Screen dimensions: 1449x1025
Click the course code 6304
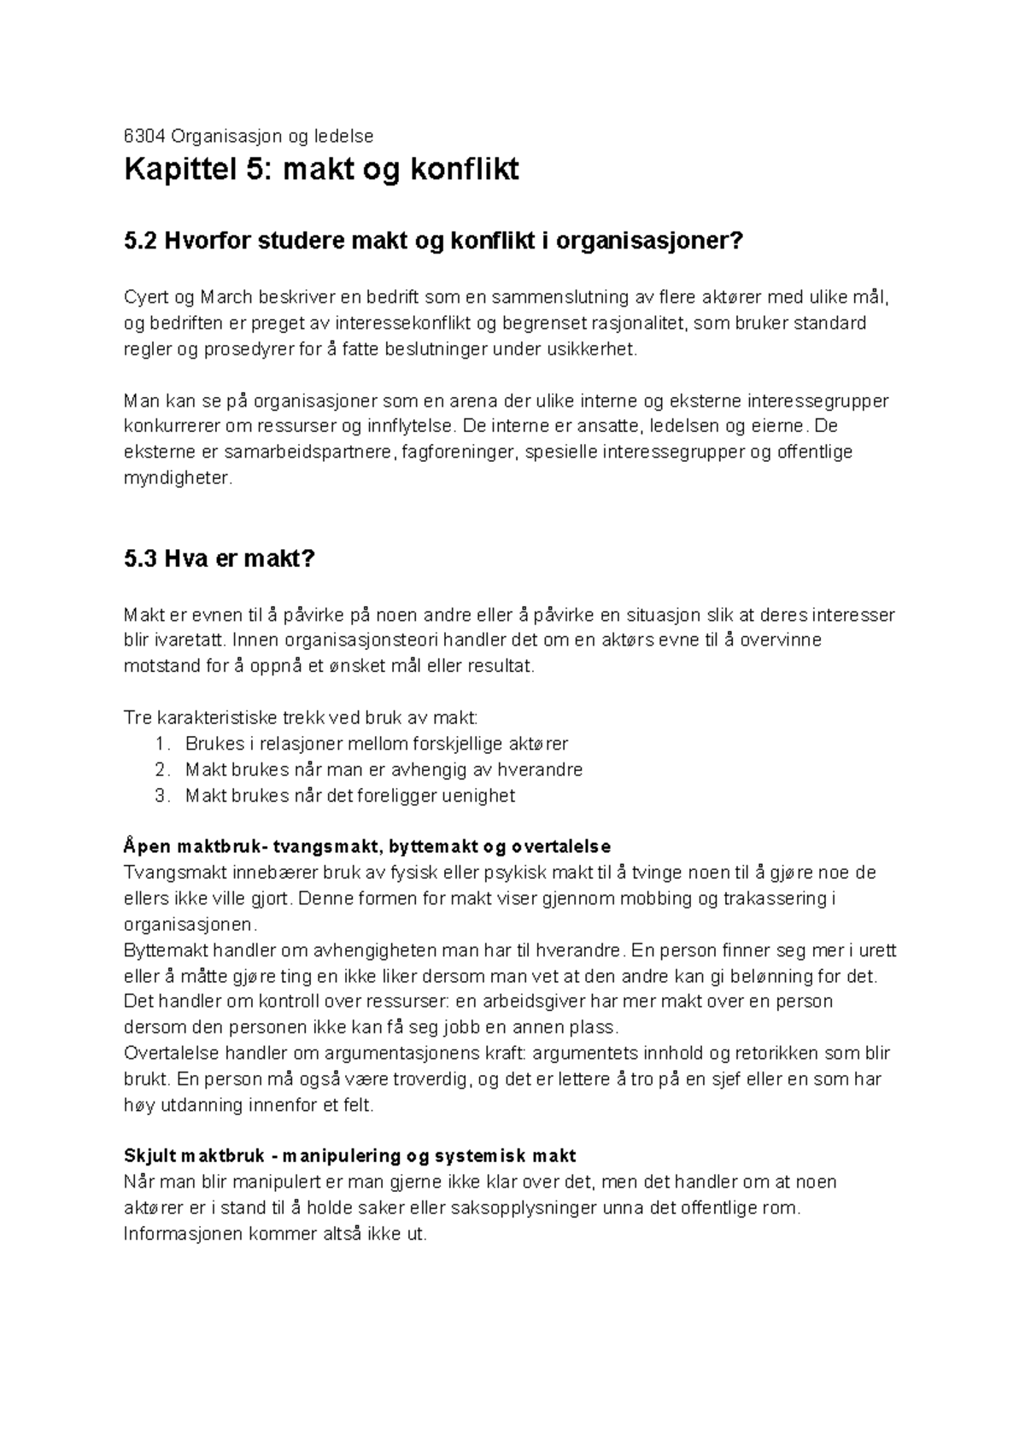142,136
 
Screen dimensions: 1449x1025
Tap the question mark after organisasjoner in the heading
738,242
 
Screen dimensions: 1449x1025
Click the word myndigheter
177,478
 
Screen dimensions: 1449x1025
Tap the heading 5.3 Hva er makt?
220,559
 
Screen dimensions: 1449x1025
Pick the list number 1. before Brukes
163,745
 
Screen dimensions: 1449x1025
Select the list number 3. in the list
163,797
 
